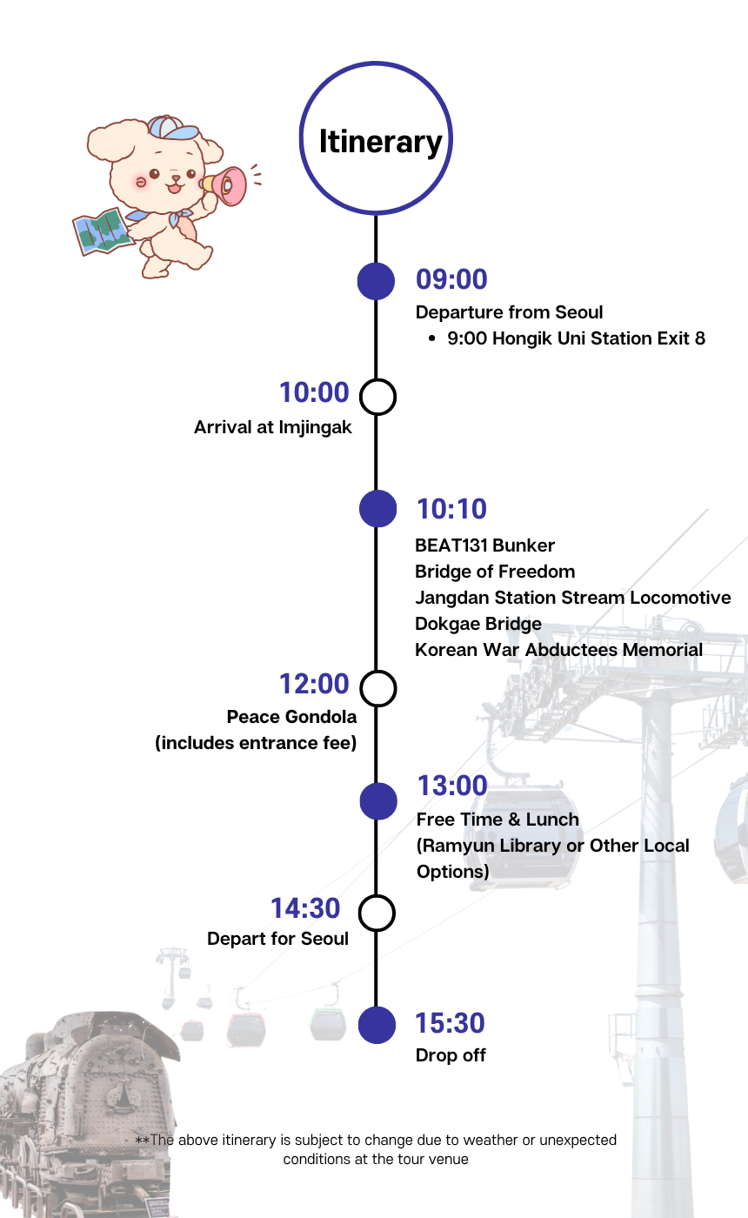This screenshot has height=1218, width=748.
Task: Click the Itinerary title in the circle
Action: (381, 143)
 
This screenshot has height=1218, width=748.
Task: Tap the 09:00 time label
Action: (451, 279)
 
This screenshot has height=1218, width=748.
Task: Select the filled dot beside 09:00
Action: (376, 281)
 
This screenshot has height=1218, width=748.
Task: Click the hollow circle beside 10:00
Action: (377, 397)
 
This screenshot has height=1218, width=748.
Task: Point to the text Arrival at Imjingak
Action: (273, 428)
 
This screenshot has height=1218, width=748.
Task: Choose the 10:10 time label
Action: (451, 509)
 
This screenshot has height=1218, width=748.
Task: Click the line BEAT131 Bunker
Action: (484, 545)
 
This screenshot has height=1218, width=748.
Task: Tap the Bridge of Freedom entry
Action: (495, 572)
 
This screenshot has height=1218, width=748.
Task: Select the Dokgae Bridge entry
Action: (478, 625)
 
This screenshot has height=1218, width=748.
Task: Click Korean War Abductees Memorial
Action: (558, 650)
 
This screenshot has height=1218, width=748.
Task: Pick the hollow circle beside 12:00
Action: (377, 688)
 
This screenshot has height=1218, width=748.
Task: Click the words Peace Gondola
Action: (291, 717)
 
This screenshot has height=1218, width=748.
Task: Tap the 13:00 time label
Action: (452, 786)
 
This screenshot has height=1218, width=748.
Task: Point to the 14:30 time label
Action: (305, 908)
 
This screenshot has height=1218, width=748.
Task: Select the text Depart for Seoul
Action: (277, 939)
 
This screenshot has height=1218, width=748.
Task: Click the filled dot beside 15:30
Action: (377, 1025)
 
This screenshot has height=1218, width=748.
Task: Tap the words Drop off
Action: (451, 1055)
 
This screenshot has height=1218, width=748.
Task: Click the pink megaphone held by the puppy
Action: (225, 186)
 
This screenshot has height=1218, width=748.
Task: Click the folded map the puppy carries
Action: (103, 231)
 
